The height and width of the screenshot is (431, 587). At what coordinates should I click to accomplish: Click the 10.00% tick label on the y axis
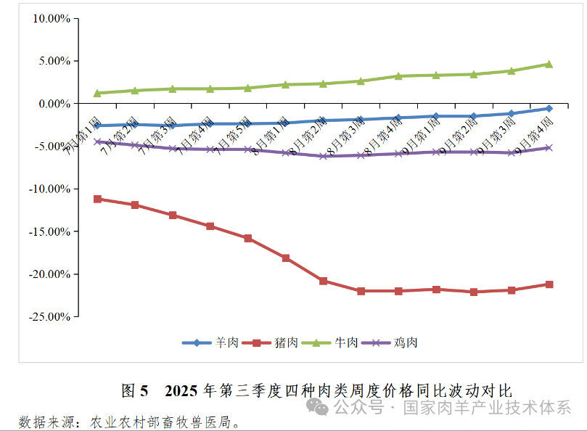(x=49, y=19)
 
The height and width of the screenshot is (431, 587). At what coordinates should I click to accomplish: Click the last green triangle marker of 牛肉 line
(x=549, y=64)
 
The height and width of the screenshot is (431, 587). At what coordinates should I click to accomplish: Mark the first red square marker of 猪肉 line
(x=97, y=199)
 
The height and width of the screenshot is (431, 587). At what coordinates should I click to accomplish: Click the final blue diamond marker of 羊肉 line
(x=549, y=109)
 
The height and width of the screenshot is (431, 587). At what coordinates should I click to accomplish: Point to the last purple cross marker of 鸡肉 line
(x=549, y=147)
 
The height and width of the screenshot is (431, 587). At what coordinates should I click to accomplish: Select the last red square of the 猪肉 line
(x=549, y=284)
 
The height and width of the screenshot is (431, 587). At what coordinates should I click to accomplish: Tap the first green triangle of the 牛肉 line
(x=97, y=93)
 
